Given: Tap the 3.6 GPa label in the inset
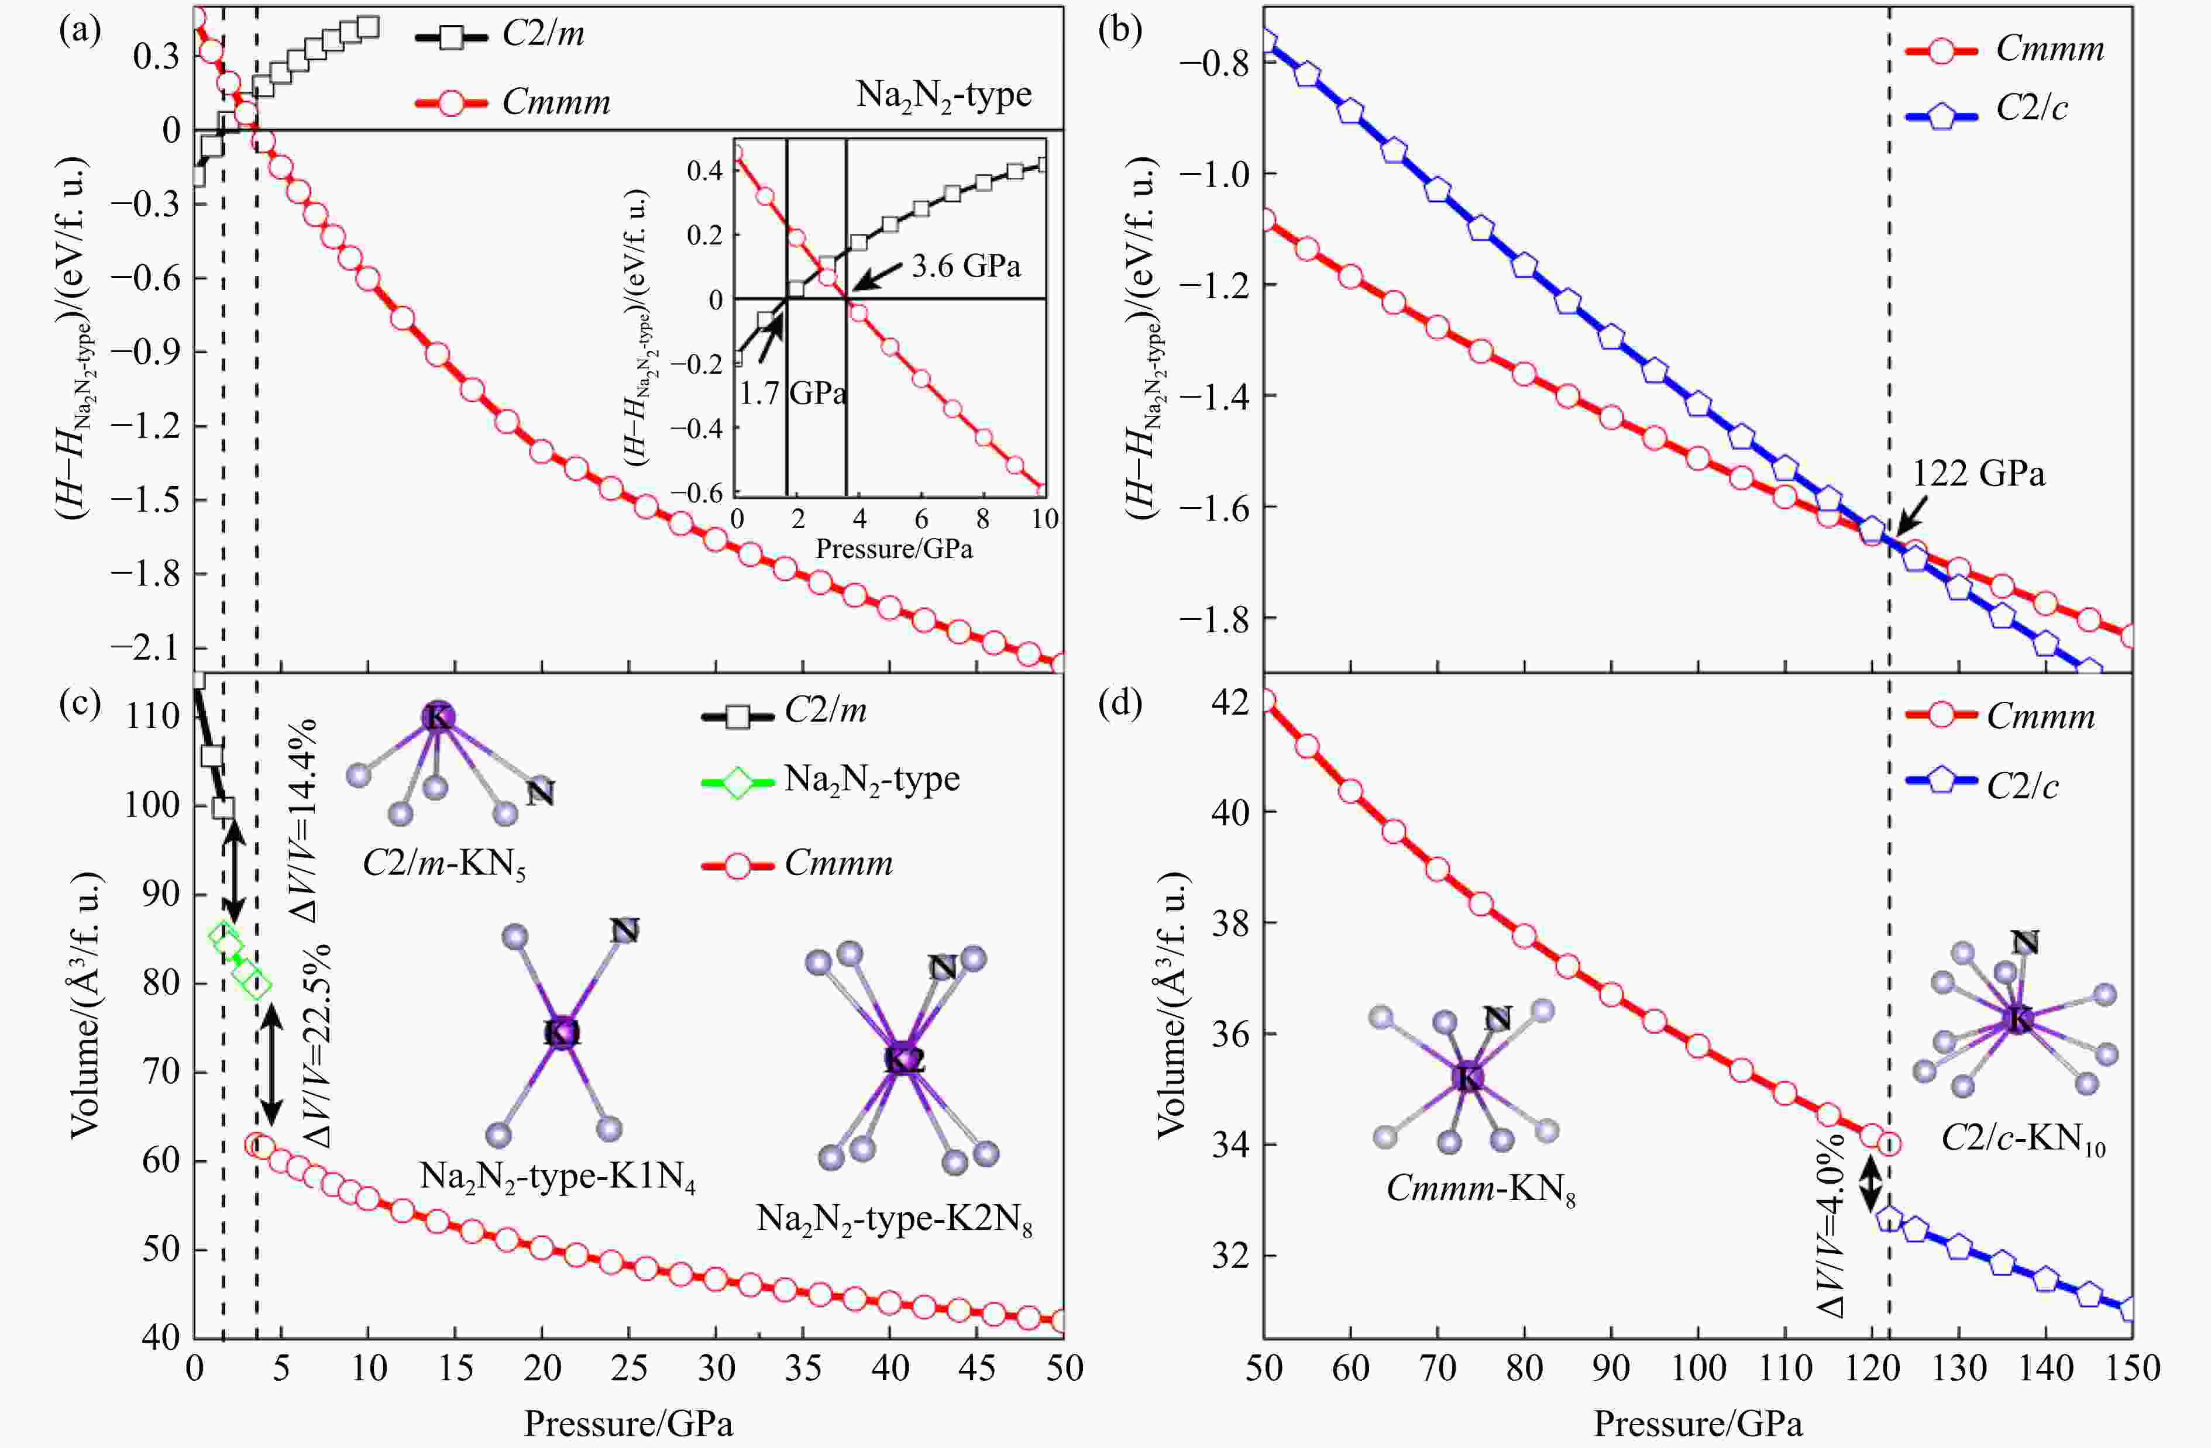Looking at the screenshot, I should (965, 267).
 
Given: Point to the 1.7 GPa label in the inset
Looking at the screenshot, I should (792, 394).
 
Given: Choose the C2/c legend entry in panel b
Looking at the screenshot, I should (2032, 109).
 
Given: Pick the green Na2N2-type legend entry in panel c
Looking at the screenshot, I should (871, 779).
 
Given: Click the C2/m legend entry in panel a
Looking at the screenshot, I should (544, 35).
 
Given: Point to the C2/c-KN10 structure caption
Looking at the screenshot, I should (2023, 1140).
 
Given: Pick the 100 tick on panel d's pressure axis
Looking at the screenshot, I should (1697, 1368).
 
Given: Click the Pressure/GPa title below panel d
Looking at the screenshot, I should (1697, 1423).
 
